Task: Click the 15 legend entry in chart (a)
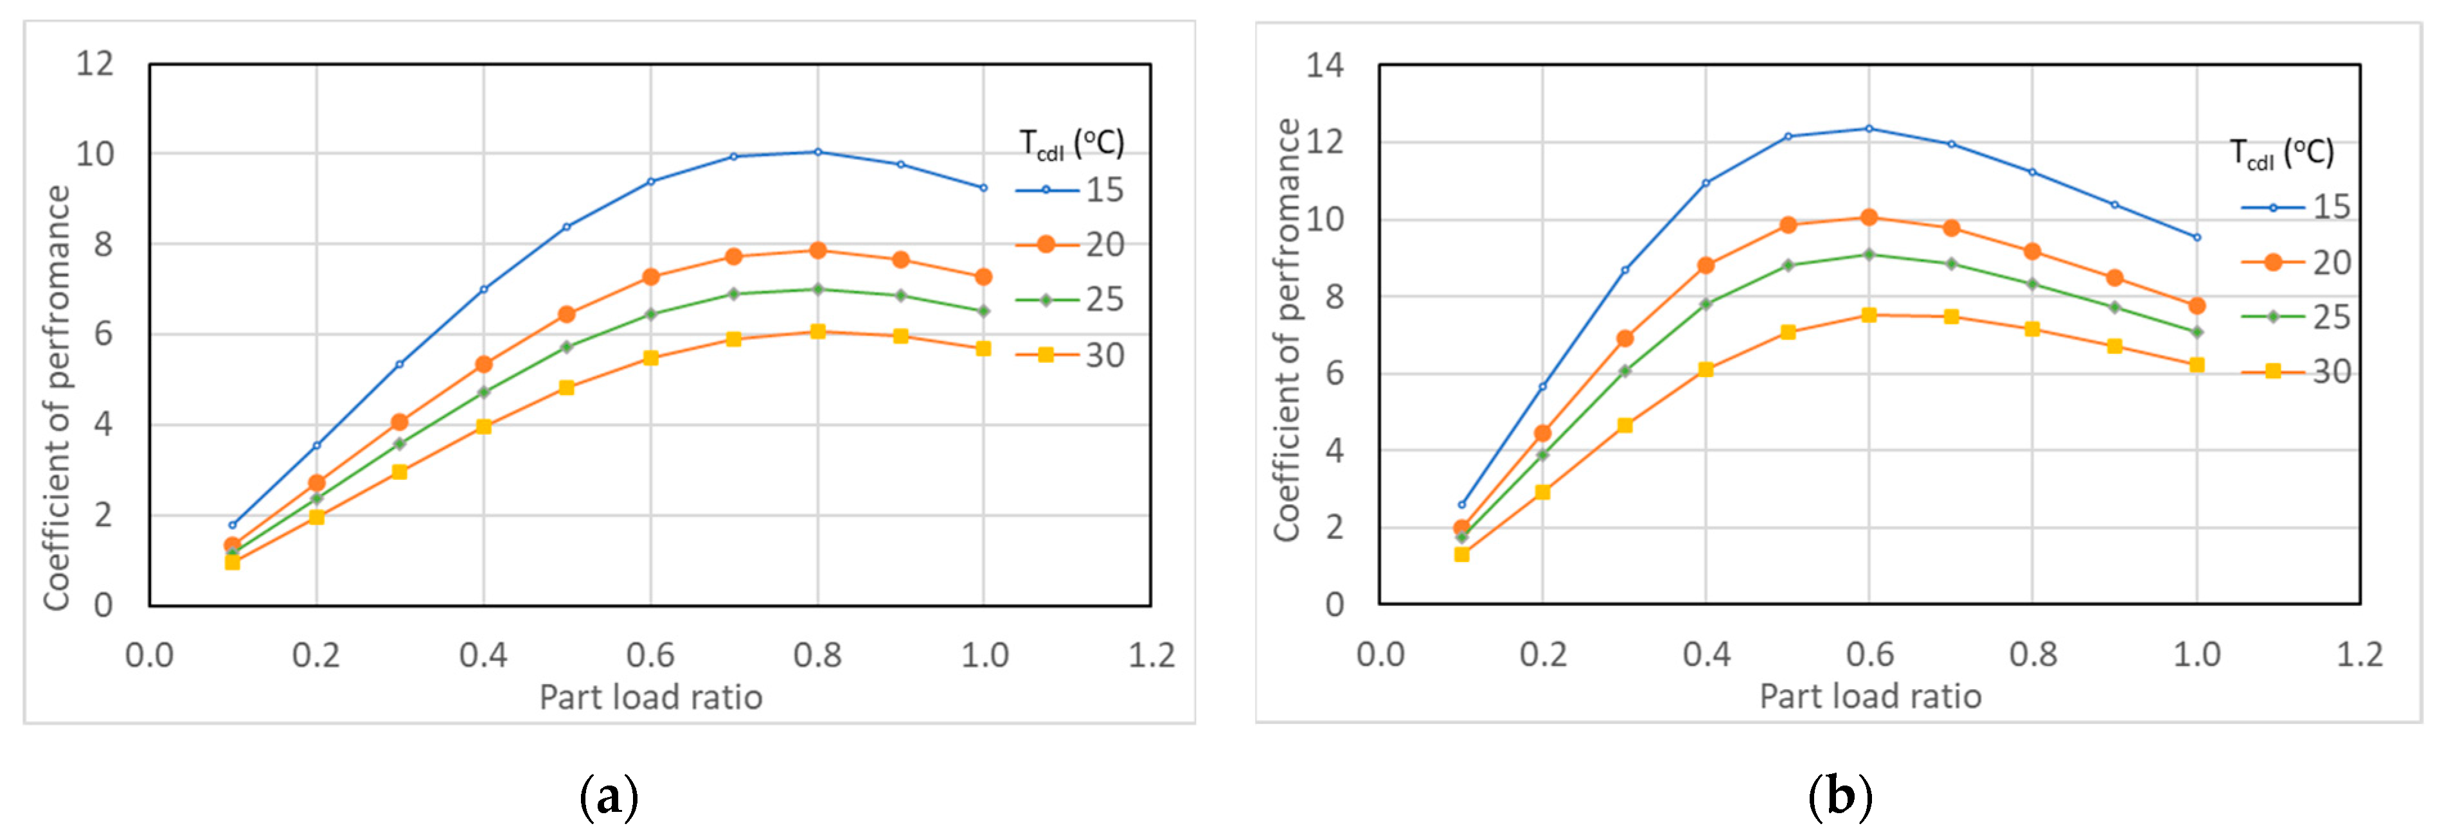[1071, 191]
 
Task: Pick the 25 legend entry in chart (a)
[1071, 299]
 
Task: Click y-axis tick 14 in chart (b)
[1324, 66]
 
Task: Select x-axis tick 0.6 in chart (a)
[650, 655]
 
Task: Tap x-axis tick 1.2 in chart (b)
[2358, 654]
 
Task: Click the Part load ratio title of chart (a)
[650, 698]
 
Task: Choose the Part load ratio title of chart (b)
[1869, 697]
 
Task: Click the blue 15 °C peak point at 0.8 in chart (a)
[817, 152]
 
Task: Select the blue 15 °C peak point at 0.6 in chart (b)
[1869, 128]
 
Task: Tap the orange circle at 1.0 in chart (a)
[983, 277]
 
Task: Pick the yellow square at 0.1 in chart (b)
[1461, 554]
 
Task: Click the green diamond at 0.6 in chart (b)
[1869, 254]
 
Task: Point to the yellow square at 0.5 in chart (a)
[567, 388]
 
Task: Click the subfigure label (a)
[608, 797]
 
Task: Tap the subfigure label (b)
[1839, 797]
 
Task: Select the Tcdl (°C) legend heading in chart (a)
[1071, 144]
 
